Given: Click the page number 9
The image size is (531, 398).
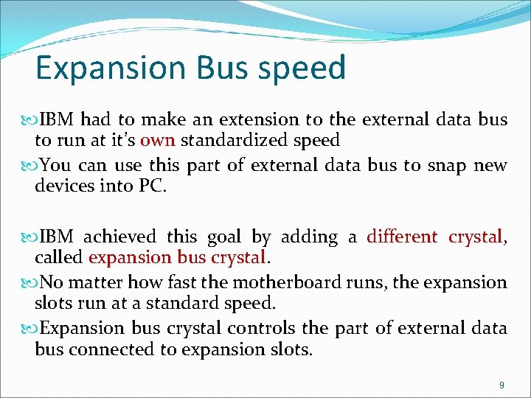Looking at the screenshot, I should coord(502,385).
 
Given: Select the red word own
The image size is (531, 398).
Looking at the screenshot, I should coord(157,140).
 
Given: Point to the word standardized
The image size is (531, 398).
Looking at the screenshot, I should coord(228,140).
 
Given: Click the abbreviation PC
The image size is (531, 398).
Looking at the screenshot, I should coord(153,186).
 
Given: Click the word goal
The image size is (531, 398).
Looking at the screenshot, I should coord(223,237).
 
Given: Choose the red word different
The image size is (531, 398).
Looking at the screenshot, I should coord(401,237).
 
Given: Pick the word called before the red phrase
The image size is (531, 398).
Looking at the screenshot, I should coord(59,257).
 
